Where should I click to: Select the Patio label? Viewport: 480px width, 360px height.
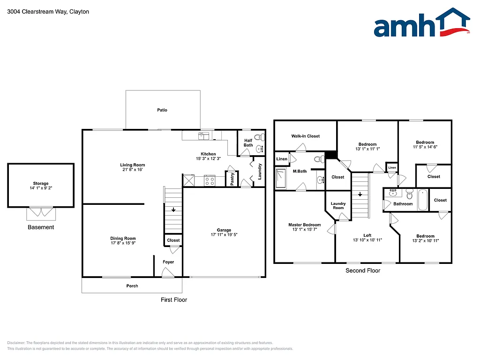162,110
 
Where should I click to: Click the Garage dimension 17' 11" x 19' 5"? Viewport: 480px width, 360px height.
224,235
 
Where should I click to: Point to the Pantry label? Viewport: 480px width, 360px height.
232,179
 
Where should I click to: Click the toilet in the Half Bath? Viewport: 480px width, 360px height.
262,137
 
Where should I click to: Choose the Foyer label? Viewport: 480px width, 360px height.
168,262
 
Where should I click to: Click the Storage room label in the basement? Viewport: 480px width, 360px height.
41,184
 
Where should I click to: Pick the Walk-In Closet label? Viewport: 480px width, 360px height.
305,136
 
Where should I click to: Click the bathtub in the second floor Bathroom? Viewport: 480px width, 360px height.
422,199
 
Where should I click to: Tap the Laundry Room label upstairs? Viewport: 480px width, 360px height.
338,205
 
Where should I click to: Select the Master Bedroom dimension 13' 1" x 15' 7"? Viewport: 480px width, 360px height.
305,230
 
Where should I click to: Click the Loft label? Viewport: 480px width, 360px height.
367,235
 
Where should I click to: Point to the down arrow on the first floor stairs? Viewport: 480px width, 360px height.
173,210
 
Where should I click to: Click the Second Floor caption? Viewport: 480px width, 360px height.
362,270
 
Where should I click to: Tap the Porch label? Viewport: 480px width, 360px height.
132,286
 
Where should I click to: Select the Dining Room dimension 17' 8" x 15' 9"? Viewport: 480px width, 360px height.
123,244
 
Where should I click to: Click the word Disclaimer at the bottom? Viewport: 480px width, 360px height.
17,343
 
